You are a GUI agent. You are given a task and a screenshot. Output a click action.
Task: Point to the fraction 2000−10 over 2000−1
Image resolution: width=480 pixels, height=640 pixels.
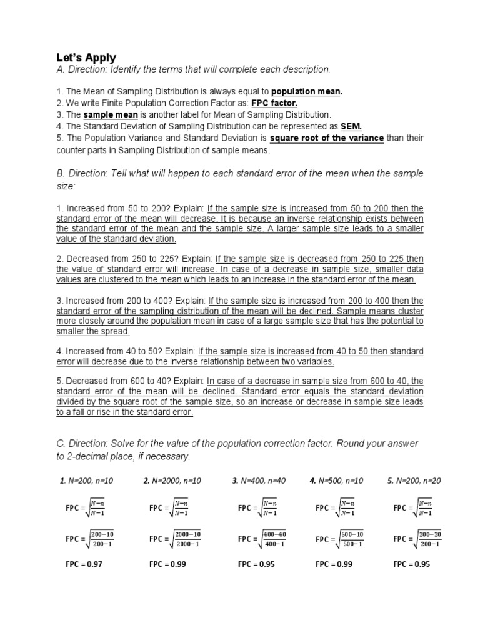pos(187,539)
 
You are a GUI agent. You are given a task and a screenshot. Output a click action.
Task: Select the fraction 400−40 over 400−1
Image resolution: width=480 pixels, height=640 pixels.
pos(274,539)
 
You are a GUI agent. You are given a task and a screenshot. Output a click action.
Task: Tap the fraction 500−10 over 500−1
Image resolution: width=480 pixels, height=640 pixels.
pos(352,539)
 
